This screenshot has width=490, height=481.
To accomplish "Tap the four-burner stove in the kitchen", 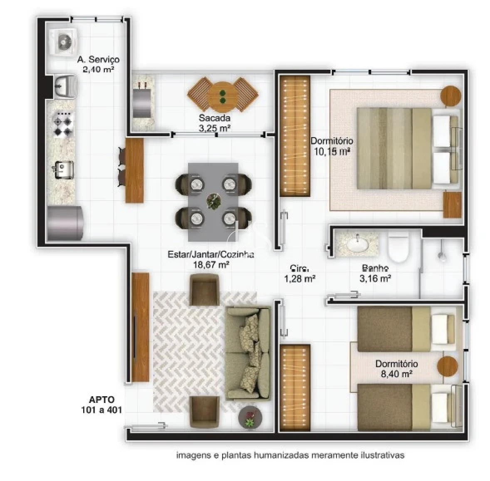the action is pyautogui.click(x=63, y=124).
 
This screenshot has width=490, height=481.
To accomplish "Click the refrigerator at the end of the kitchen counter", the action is pyautogui.click(x=65, y=223).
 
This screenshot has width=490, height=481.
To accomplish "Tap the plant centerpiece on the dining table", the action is pyautogui.click(x=214, y=201).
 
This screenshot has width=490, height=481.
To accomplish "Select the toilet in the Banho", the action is pyautogui.click(x=398, y=248).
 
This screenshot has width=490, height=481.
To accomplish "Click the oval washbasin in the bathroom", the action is pyautogui.click(x=357, y=244).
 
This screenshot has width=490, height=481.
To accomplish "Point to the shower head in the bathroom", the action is pyautogui.click(x=442, y=255).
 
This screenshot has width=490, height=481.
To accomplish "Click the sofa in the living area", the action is pyautogui.click(x=248, y=353).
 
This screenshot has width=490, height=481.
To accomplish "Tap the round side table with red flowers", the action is pyautogui.click(x=250, y=417).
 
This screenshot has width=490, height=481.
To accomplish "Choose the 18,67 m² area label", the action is pyautogui.click(x=212, y=265).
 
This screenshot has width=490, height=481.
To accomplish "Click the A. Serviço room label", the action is pyautogui.click(x=99, y=59).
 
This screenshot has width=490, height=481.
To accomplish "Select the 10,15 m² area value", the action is pyautogui.click(x=332, y=152).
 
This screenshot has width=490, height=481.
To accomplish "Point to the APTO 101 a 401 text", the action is pyautogui.click(x=101, y=405).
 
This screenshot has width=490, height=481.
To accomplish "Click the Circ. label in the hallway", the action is pyautogui.click(x=299, y=268).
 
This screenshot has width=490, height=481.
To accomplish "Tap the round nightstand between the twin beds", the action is pyautogui.click(x=447, y=366).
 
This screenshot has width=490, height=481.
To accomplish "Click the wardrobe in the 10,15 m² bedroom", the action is pyautogui.click(x=294, y=136).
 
